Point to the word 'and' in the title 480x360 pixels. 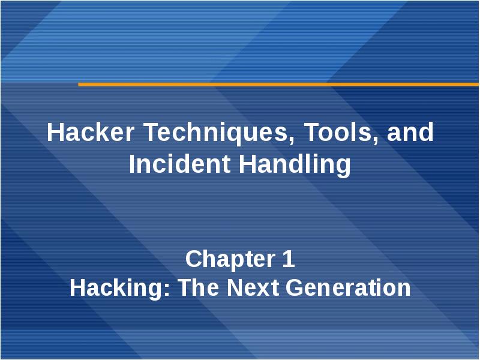410,133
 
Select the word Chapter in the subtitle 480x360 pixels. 225,260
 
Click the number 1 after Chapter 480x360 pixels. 287,260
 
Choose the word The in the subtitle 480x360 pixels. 200,289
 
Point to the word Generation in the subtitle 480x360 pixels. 349,289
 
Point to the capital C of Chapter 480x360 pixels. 193,260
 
